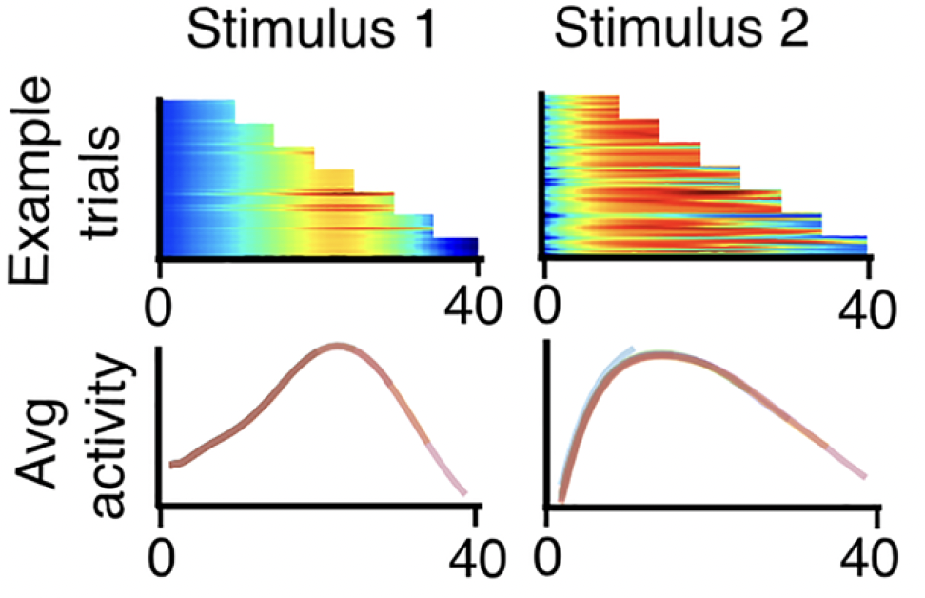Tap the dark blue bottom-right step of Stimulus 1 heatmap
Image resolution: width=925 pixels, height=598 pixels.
click(x=456, y=246)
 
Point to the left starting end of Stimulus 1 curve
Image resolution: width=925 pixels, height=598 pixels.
click(x=172, y=465)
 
